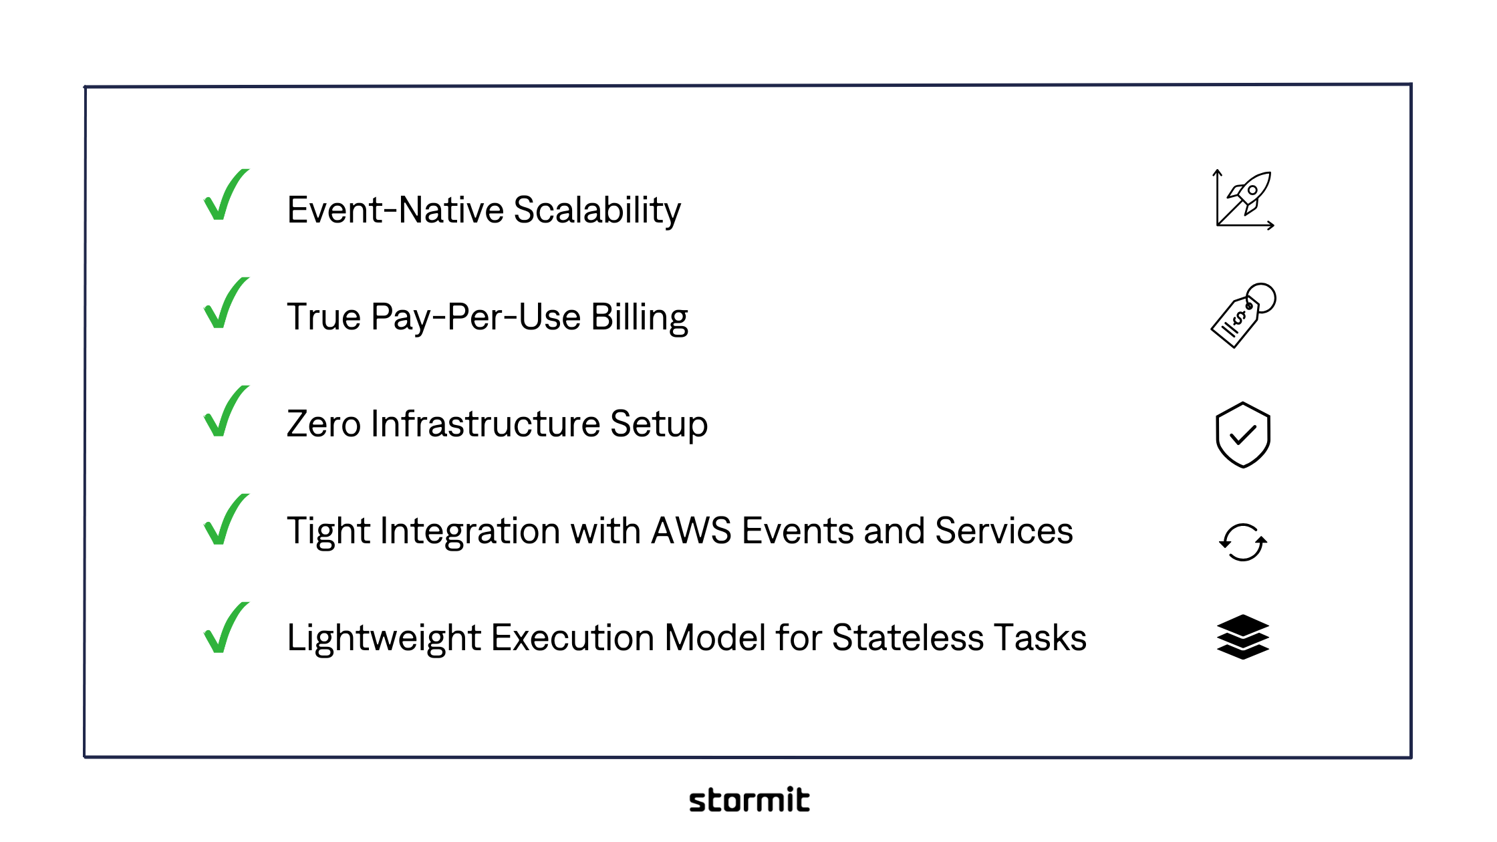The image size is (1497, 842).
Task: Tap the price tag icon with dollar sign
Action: tap(1242, 315)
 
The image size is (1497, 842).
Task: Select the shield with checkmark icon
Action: tap(1242, 435)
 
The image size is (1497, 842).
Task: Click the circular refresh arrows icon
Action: tap(1242, 542)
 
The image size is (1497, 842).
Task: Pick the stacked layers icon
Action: tap(1242, 637)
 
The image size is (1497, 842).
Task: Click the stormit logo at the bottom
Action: tap(749, 800)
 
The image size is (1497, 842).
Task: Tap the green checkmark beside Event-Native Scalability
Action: tap(225, 196)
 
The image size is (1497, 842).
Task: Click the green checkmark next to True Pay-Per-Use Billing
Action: tap(225, 304)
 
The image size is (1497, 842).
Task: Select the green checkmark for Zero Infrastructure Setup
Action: tap(225, 412)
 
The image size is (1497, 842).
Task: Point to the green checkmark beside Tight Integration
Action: tap(225, 521)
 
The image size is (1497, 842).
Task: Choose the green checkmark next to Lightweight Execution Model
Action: tap(225, 629)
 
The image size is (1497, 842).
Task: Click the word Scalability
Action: tap(597, 210)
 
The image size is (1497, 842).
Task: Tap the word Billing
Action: tap(639, 317)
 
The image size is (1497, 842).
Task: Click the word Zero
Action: tap(323, 424)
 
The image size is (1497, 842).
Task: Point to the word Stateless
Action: tap(908, 638)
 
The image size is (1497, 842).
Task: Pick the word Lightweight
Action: tap(384, 638)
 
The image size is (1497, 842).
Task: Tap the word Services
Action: tap(1004, 531)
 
